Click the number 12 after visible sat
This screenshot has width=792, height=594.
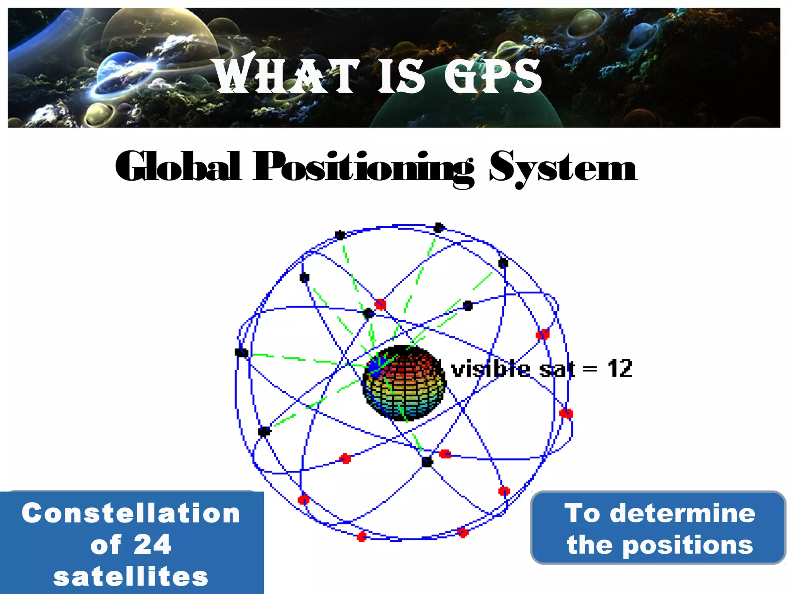pyautogui.click(x=620, y=369)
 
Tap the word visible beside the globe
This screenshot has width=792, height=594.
pyautogui.click(x=490, y=369)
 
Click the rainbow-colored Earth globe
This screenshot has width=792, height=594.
pyautogui.click(x=404, y=383)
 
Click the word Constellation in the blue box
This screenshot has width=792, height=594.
pyautogui.click(x=131, y=513)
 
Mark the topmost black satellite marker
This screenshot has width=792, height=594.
pyautogui.click(x=439, y=228)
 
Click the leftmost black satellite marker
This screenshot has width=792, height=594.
pyautogui.click(x=241, y=352)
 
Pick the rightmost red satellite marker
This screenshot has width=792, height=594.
pyautogui.click(x=566, y=413)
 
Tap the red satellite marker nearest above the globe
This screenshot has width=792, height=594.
pyautogui.click(x=381, y=304)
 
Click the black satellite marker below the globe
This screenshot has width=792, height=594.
pyautogui.click(x=427, y=462)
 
